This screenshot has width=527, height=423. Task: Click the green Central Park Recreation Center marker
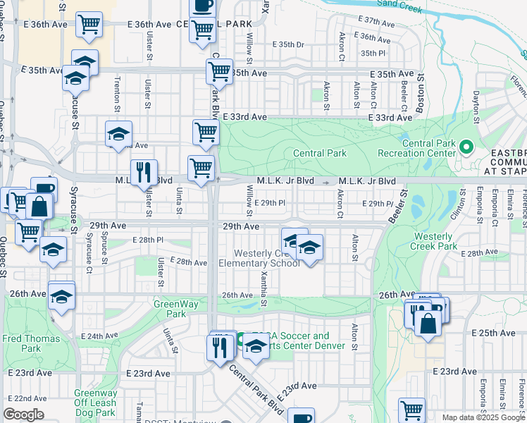pyautogui.click(x=465, y=147)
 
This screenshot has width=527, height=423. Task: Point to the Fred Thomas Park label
pyautogui.click(x=21, y=343)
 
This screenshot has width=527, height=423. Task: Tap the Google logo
pyautogui.click(x=23, y=415)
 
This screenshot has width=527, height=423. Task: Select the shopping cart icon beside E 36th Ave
pyautogui.click(x=89, y=25)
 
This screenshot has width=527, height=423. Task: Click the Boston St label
pyautogui.click(x=421, y=96)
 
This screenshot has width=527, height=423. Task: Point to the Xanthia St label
pyautogui.click(x=263, y=290)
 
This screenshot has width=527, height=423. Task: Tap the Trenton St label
pyautogui.click(x=116, y=95)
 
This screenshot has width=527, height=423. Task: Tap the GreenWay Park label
pyautogui.click(x=170, y=309)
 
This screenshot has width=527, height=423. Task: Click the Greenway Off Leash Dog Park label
pyautogui.click(x=96, y=400)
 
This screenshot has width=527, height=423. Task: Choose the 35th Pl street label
pyautogui.click(x=373, y=53)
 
